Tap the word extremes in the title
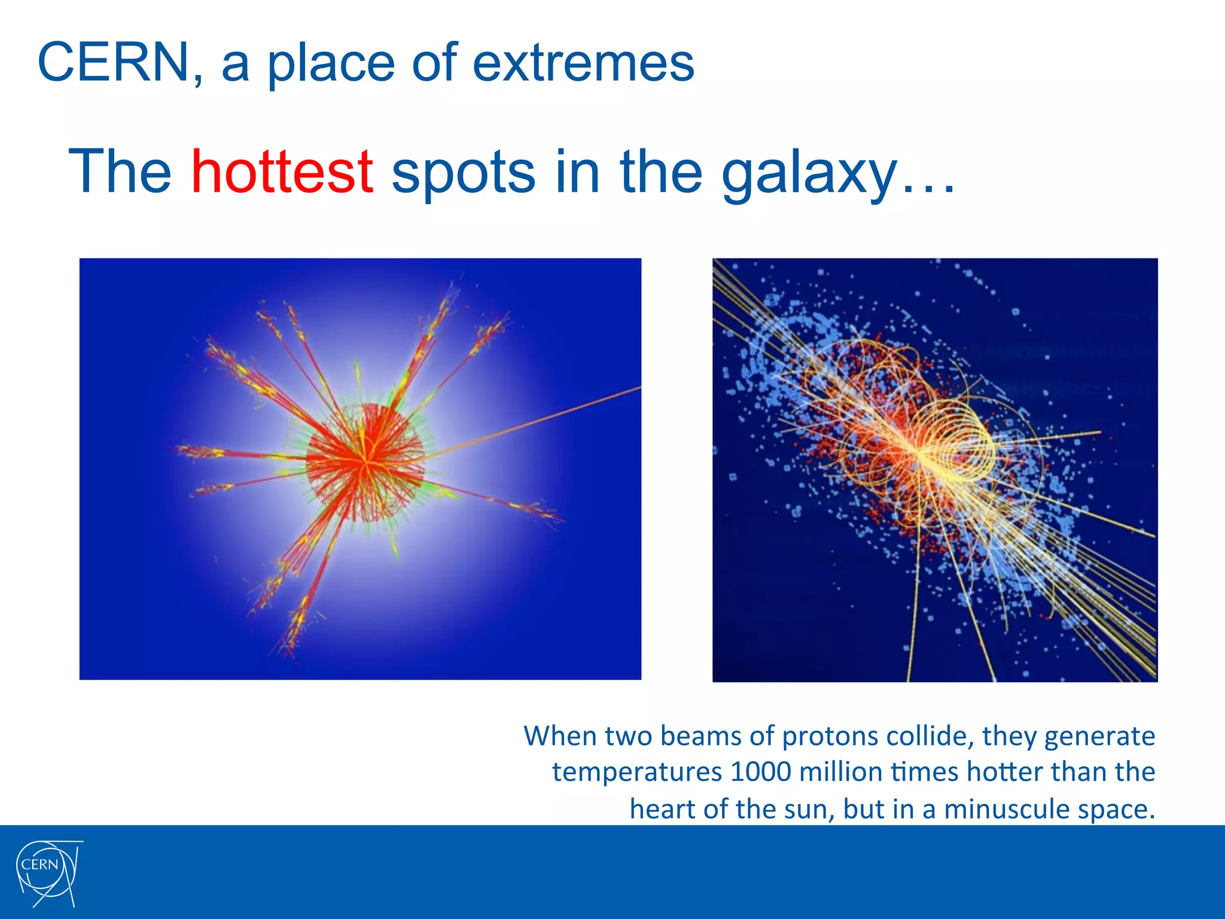coord(583,62)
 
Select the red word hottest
coord(282,172)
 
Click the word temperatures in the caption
coord(636,772)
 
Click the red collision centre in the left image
coord(364,460)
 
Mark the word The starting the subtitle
coord(120,172)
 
